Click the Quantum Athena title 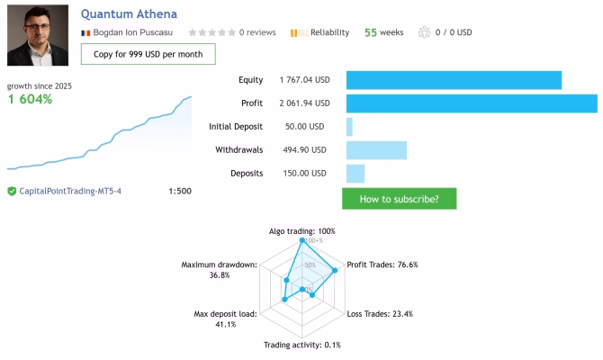click(129, 14)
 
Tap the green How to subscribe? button click(400, 199)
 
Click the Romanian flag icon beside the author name click(85, 33)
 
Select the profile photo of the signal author click(38, 35)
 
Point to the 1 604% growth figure click(30, 99)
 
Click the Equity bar click(454, 80)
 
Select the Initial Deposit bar click(349, 127)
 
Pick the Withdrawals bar click(376, 150)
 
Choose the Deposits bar click(355, 174)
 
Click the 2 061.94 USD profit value click(304, 103)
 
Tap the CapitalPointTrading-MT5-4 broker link click(70, 191)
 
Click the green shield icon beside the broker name click(12, 191)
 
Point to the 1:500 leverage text click(180, 191)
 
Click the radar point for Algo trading click(302, 240)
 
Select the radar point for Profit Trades click(335, 270)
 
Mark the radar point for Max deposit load click(284, 299)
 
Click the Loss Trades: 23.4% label click(380, 314)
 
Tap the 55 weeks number click(371, 32)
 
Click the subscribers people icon click(424, 32)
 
